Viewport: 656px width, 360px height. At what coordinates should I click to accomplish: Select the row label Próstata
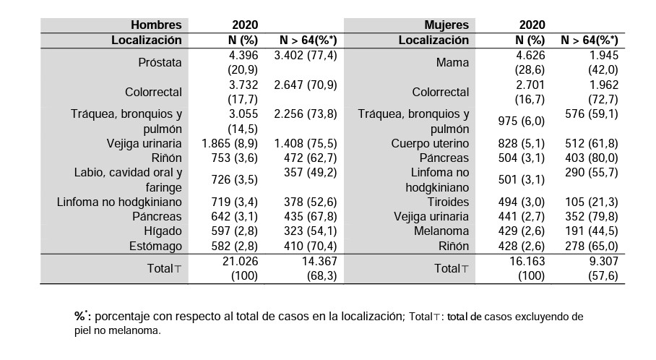(x=160, y=63)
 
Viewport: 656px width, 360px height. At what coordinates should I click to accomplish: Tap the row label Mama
(x=452, y=63)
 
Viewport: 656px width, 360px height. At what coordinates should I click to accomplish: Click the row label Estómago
(x=155, y=247)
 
